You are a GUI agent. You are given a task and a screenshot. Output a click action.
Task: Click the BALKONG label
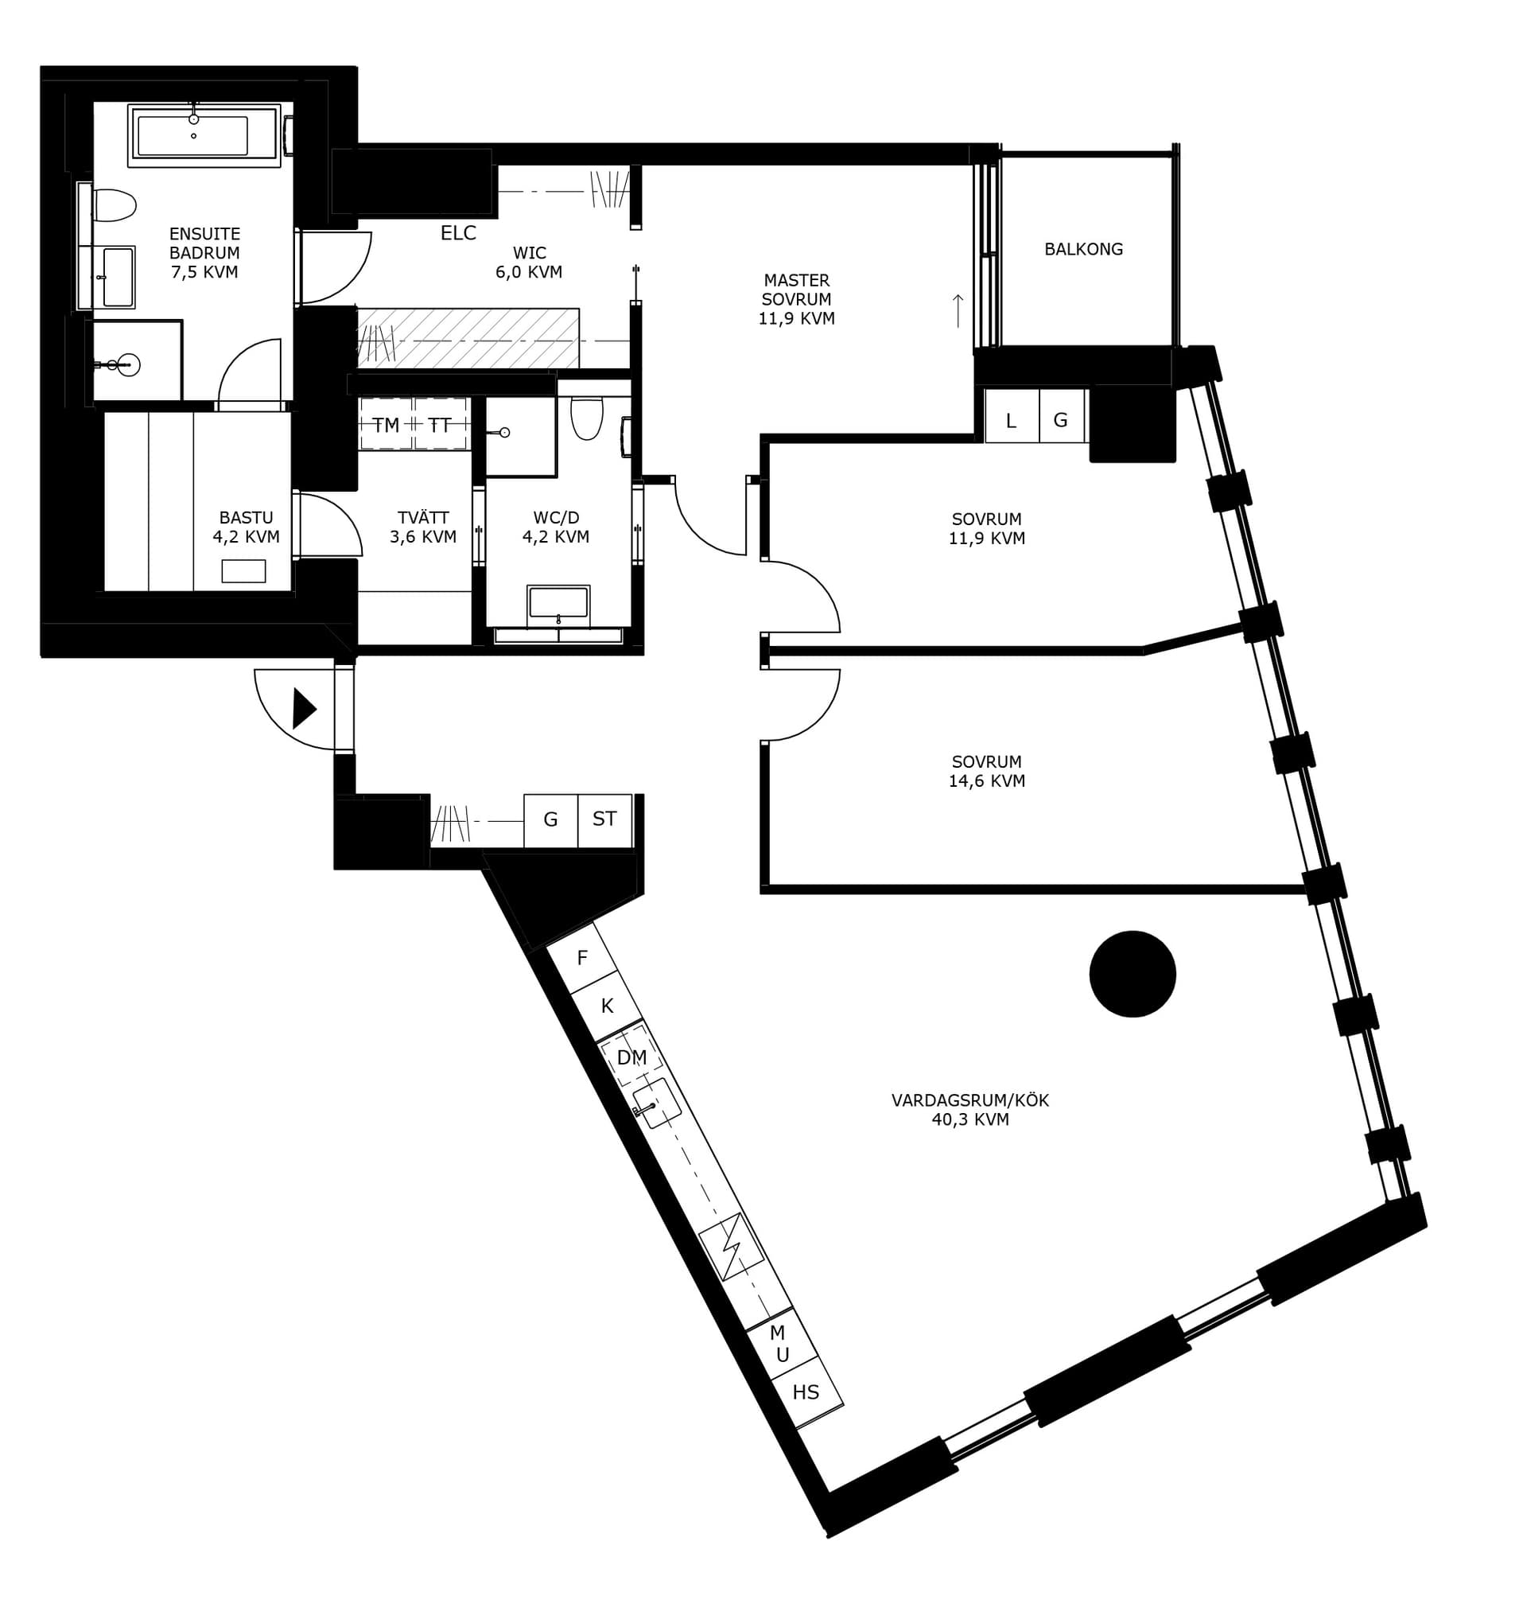click(x=1083, y=249)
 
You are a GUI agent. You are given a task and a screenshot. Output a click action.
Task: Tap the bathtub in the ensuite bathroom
click(x=204, y=134)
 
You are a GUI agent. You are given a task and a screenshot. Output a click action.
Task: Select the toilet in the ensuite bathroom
click(x=115, y=205)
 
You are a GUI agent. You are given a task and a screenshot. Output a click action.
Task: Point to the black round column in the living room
click(x=1132, y=973)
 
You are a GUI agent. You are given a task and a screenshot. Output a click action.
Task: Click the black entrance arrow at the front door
click(x=305, y=708)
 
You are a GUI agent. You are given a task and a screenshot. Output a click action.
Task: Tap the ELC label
click(x=458, y=232)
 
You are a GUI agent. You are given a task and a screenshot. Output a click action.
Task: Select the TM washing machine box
click(x=386, y=424)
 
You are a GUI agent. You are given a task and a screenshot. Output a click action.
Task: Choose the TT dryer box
click(x=441, y=424)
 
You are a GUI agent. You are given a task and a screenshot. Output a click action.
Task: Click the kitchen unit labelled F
click(x=581, y=959)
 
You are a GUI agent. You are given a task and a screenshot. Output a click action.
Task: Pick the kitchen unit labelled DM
click(x=630, y=1057)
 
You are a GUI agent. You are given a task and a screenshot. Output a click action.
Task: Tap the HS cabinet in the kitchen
click(x=806, y=1392)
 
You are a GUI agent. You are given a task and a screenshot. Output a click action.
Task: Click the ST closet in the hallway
click(x=604, y=819)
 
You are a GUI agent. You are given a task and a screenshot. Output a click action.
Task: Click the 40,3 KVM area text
click(x=969, y=1119)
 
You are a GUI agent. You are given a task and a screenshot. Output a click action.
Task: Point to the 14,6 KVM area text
click(x=986, y=780)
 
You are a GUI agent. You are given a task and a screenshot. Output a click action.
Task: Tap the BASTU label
click(x=246, y=518)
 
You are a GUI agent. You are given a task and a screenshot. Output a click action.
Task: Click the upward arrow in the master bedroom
click(x=958, y=310)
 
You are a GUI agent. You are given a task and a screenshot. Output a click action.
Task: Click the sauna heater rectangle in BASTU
click(x=243, y=570)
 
